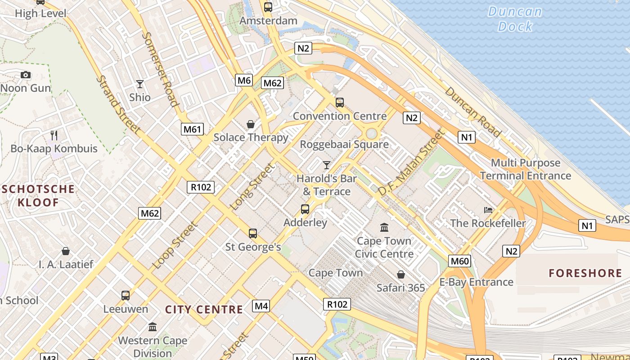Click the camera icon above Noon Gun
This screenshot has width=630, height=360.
pyautogui.click(x=26, y=75)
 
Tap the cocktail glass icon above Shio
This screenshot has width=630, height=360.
pyautogui.click(x=140, y=84)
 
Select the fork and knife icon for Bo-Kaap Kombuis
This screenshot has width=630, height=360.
pyautogui.click(x=54, y=135)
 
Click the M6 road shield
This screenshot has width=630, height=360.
pyautogui.click(x=243, y=80)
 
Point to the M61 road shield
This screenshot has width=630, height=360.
pyautogui.click(x=193, y=129)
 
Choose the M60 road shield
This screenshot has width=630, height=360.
pyautogui.click(x=459, y=261)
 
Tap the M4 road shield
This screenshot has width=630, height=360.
pyautogui.click(x=261, y=306)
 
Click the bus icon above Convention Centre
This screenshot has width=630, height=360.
pyautogui.click(x=340, y=103)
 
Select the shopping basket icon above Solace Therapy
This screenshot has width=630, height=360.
pyautogui.click(x=251, y=124)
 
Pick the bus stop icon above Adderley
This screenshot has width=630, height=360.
pyautogui.click(x=305, y=209)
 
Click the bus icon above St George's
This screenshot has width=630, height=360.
pyautogui.click(x=253, y=233)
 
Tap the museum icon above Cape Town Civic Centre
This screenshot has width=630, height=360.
pyautogui.click(x=384, y=227)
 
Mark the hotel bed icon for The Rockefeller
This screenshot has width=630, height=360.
pyautogui.click(x=488, y=210)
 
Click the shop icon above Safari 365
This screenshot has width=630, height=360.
pyautogui.click(x=400, y=274)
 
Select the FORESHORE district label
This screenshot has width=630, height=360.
pyautogui.click(x=585, y=273)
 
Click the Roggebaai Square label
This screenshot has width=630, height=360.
pyautogui.click(x=344, y=144)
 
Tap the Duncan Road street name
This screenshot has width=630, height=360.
pyautogui.click(x=472, y=112)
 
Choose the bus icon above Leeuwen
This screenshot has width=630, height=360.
pyautogui.click(x=126, y=296)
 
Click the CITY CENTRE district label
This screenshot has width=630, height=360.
pyautogui.click(x=204, y=310)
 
